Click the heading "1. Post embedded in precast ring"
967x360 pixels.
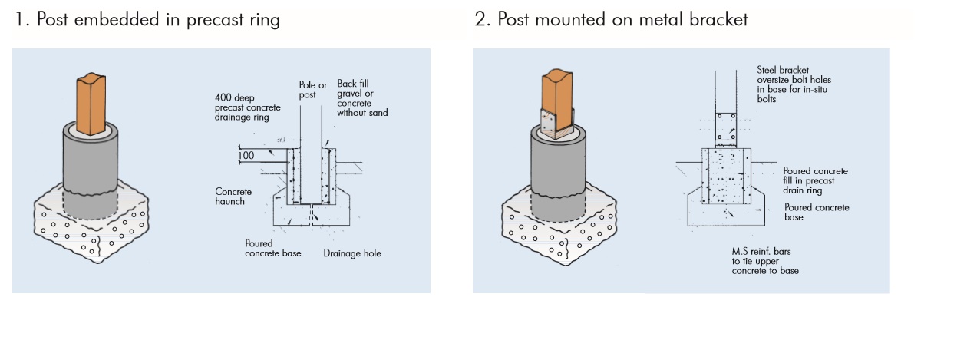147,20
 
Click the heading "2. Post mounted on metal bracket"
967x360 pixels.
611,20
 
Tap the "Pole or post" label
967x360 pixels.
312,90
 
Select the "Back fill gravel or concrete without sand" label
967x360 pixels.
362,97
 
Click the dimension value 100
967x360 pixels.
246,156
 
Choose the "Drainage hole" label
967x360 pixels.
352,253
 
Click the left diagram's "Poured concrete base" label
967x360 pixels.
273,249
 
